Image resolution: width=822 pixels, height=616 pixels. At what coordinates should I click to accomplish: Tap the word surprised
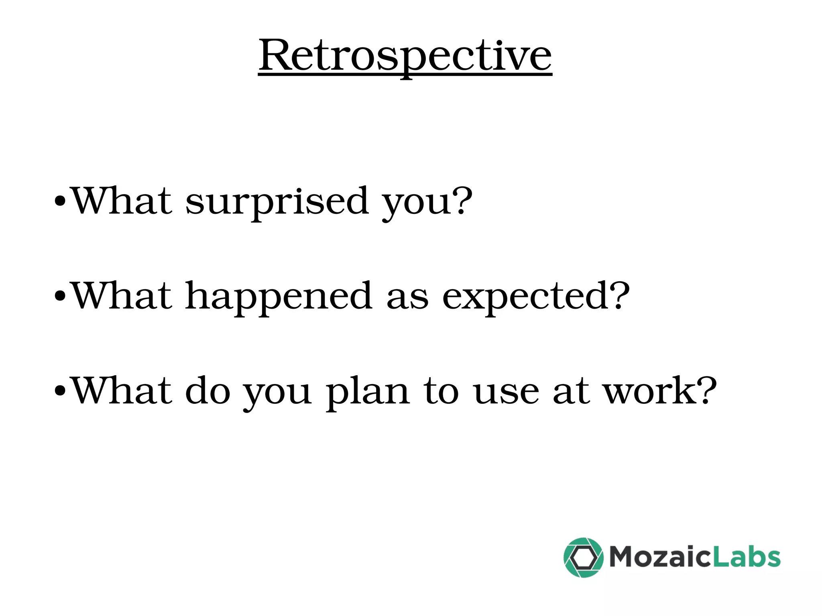click(277, 201)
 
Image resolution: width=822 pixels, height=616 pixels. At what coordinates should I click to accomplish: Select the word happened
click(278, 296)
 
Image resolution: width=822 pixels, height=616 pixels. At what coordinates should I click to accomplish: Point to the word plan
click(367, 391)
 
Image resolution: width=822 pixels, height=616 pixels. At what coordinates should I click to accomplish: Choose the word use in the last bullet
click(506, 391)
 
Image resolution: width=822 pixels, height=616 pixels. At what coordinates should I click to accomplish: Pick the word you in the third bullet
click(277, 393)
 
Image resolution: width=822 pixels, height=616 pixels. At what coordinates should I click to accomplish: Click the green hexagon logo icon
click(583, 557)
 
